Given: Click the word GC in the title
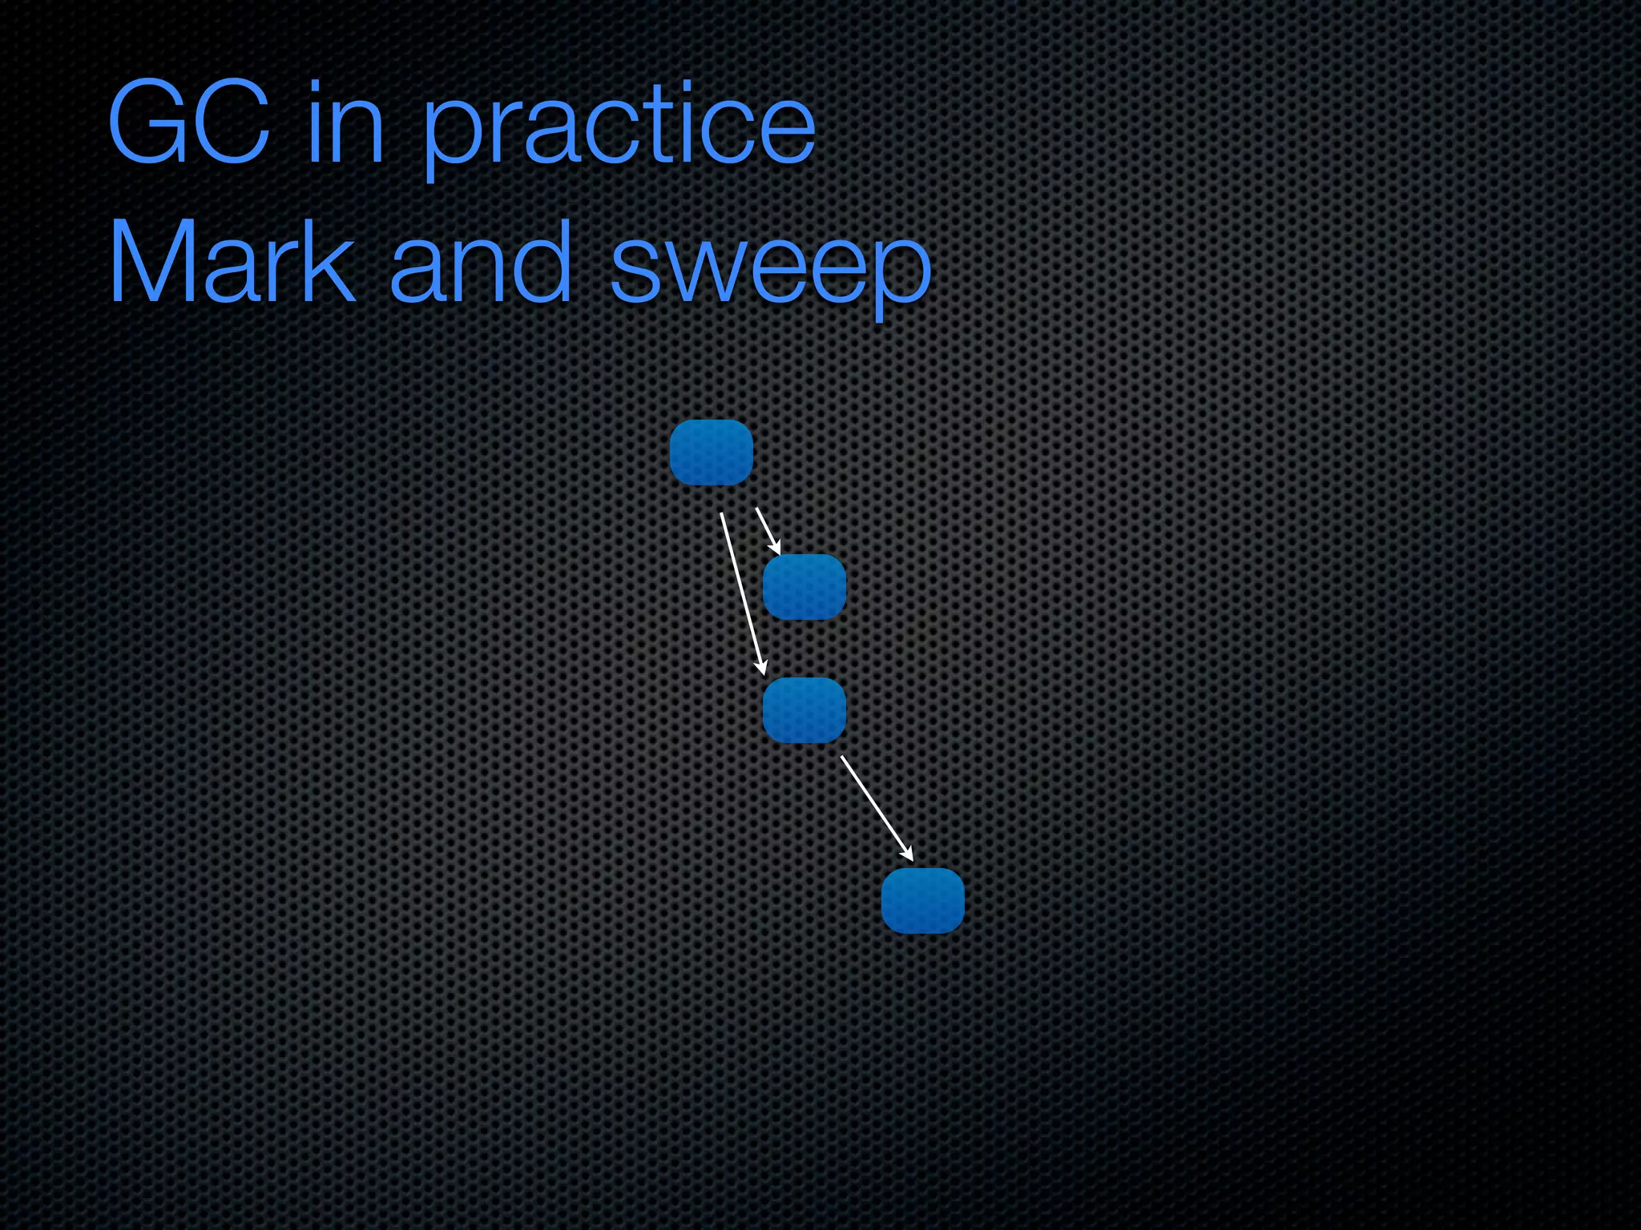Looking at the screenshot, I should point(189,125).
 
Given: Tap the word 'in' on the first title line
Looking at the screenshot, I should point(345,125).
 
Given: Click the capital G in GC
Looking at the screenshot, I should point(148,125).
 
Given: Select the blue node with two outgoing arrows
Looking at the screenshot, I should point(711,452).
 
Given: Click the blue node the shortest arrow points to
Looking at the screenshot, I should point(804,587).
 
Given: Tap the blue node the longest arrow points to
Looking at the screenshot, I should point(804,710).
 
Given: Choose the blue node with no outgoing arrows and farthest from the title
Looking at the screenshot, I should point(922,901).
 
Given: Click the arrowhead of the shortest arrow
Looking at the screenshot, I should point(776,548).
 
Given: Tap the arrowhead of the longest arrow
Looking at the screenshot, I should point(762,667).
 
